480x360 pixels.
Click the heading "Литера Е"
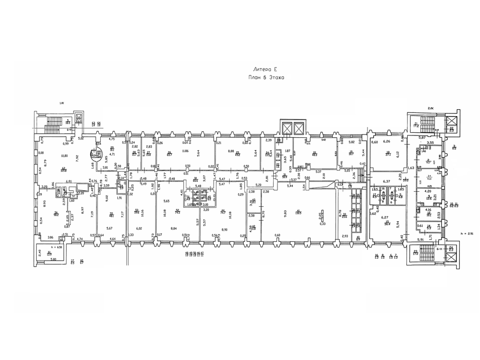266,68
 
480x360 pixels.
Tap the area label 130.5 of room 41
299,212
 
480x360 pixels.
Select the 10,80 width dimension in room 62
64,156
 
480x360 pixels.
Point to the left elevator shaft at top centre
286,128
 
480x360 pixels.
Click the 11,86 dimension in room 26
185,151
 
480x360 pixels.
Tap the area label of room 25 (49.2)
238,153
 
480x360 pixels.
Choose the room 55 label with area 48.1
112,215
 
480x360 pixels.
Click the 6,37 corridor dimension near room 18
387,181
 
